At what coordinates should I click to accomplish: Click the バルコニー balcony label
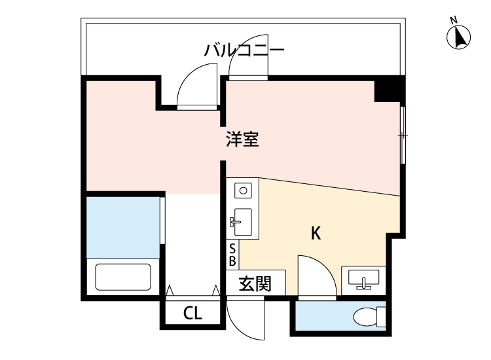(x=244, y=50)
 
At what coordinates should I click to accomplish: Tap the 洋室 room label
(x=243, y=139)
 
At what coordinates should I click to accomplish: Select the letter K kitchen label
(x=316, y=233)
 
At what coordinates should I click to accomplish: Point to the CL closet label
(x=192, y=314)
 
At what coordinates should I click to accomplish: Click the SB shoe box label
(x=232, y=255)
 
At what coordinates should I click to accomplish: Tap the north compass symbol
(x=460, y=37)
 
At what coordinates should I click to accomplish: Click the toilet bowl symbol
(x=367, y=317)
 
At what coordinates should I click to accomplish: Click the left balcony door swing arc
(x=193, y=82)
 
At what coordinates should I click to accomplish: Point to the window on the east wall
(x=403, y=135)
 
